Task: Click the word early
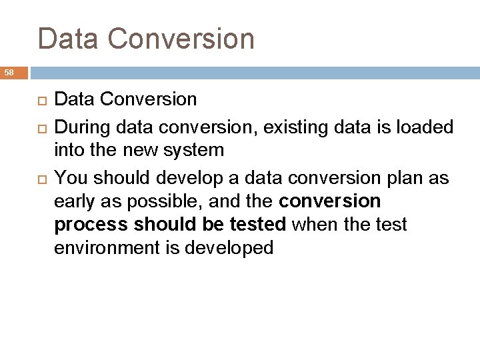[75, 200]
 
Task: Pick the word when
[313, 225]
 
